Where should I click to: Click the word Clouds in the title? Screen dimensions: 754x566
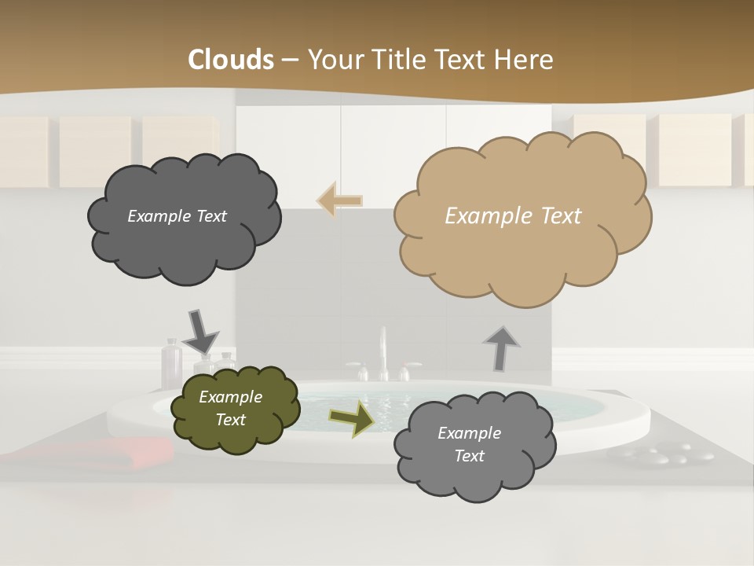pos(231,60)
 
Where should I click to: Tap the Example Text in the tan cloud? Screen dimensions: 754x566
pos(513,216)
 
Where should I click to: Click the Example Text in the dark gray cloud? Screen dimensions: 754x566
pos(177,216)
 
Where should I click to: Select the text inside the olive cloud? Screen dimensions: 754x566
pos(230,409)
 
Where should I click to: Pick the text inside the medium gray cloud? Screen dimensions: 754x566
pos(469,444)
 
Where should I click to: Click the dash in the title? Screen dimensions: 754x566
pos(290,60)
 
